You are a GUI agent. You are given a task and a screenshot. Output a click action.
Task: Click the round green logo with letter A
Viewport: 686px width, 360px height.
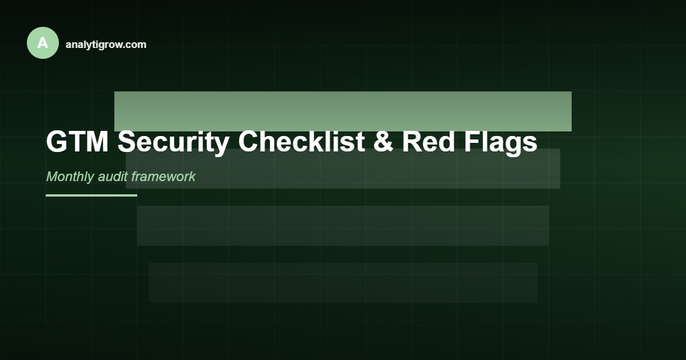click(x=43, y=43)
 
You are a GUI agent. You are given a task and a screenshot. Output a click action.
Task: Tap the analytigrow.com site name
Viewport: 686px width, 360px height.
click(x=106, y=45)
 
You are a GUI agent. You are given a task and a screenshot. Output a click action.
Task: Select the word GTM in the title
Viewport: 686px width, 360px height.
click(x=77, y=142)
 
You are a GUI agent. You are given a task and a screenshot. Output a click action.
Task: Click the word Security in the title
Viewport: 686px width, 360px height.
click(x=173, y=142)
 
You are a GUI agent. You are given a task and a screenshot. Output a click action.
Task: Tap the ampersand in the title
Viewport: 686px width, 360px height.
click(x=383, y=142)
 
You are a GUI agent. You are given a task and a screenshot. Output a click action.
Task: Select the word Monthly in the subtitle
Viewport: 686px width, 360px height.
click(x=70, y=177)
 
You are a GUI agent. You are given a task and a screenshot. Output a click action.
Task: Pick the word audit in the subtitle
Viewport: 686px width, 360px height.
click(x=113, y=177)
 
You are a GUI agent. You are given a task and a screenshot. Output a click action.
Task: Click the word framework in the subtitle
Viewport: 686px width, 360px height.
click(x=163, y=177)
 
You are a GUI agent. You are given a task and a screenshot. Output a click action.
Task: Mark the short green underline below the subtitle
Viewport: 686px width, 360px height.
click(x=91, y=195)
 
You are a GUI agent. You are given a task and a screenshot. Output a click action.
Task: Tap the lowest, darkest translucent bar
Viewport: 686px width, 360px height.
click(x=343, y=282)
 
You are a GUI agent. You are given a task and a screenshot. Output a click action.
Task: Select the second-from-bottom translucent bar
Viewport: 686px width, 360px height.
click(x=343, y=225)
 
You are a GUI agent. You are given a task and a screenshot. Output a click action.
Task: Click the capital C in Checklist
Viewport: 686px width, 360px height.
click(x=249, y=142)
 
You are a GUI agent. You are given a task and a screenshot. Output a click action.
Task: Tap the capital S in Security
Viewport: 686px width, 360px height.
click(x=127, y=142)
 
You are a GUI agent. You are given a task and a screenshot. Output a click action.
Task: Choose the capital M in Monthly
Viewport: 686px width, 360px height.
click(x=52, y=177)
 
